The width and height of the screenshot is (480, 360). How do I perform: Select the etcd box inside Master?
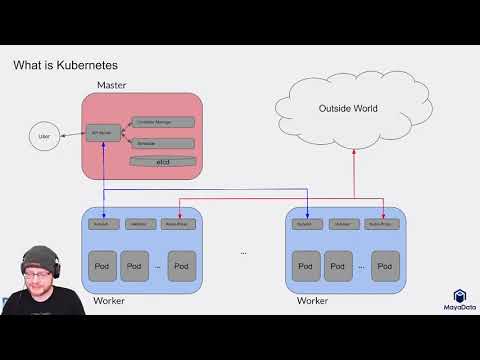tap(162, 161)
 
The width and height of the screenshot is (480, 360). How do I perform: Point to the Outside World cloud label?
tap(347, 108)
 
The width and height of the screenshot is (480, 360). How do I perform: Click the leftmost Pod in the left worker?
tap(101, 266)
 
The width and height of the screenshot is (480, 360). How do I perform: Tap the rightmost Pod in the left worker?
tap(179, 266)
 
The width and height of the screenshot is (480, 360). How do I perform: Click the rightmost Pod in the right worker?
tap(384, 266)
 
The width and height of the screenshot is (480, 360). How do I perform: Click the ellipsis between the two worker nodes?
tap(243, 253)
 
